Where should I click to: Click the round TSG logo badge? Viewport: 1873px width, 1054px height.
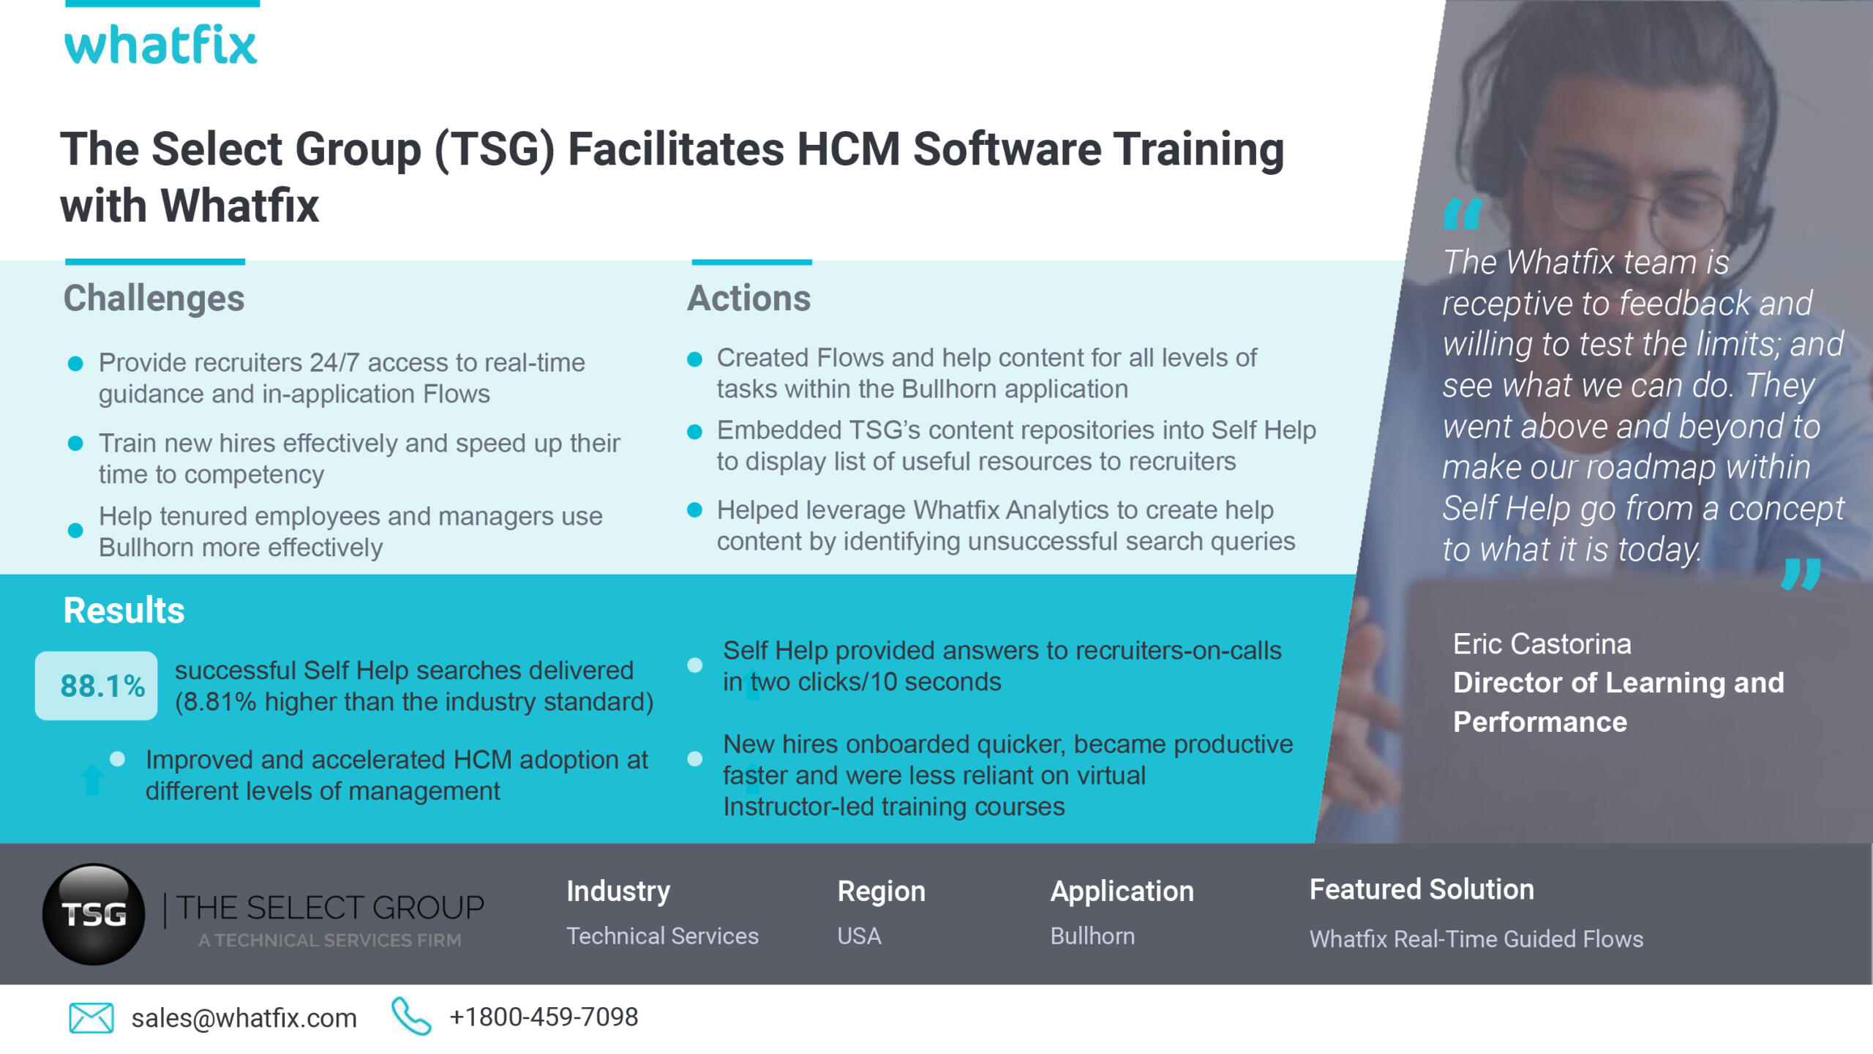(94, 913)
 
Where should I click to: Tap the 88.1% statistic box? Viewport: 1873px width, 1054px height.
(97, 686)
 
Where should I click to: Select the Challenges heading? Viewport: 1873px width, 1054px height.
(154, 299)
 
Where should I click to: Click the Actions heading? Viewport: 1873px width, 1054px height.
(748, 299)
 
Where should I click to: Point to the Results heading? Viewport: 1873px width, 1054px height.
(124, 610)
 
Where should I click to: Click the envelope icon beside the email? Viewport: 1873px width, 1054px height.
(91, 1017)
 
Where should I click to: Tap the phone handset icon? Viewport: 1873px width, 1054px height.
(411, 1016)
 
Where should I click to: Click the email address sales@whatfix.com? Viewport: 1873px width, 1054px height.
(244, 1018)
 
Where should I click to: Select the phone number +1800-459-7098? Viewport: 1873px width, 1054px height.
(544, 1017)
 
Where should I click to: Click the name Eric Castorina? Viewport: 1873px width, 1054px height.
(1542, 644)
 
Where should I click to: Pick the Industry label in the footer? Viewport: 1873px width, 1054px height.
(618, 892)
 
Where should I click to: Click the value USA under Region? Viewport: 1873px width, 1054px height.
(859, 936)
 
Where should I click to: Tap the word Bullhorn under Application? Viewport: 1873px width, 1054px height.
(1092, 936)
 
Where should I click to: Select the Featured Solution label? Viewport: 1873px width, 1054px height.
(1422, 889)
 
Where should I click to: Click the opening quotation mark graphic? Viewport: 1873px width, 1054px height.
(1462, 214)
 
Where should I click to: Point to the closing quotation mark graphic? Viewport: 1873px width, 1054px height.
(1801, 574)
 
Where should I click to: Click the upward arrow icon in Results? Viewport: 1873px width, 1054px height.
(91, 779)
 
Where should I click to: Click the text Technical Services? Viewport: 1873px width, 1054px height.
(662, 936)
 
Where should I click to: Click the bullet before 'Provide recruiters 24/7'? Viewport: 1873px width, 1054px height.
(75, 364)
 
